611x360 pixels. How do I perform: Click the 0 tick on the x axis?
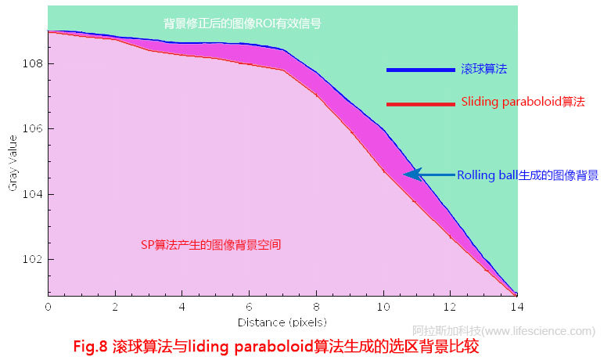pos(48,308)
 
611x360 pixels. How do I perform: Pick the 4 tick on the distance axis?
pos(182,308)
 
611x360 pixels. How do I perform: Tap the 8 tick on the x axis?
pos(316,308)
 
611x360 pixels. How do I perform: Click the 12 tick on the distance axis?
pos(450,308)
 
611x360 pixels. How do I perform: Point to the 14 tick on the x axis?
pos(516,308)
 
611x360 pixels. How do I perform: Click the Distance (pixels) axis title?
pos(282,322)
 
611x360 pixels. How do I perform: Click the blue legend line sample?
pos(420,70)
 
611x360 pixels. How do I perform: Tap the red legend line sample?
pos(420,103)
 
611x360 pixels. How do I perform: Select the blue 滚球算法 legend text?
pos(483,70)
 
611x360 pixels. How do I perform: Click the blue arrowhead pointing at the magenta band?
pos(413,175)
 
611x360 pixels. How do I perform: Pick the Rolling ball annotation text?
pos(527,175)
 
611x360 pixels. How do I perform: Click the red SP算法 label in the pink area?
pos(210,245)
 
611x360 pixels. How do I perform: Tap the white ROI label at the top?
pos(243,24)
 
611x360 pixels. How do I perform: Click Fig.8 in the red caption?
pos(92,345)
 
